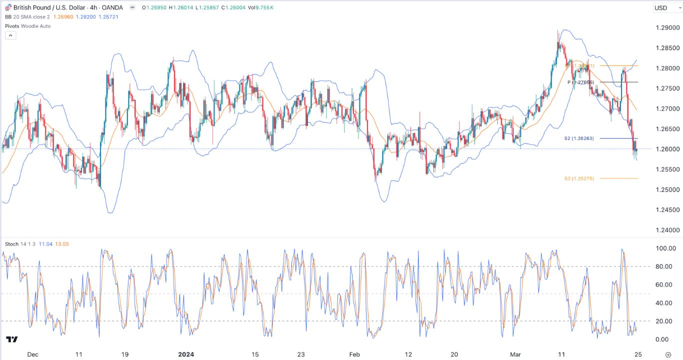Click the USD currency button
point(660,7)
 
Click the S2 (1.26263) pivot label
point(580,138)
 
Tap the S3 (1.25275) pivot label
point(579,178)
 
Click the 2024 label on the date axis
point(186,354)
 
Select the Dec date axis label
point(32,354)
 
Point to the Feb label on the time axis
point(354,354)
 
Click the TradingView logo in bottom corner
point(12,339)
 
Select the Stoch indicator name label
point(12,244)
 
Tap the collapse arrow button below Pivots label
point(10,35)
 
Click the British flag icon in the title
point(8,7)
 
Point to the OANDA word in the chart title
point(112,7)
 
